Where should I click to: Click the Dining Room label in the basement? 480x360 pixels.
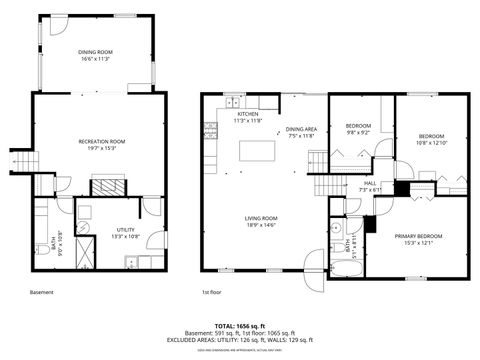point(96,51)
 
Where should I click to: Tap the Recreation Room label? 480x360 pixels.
point(102,142)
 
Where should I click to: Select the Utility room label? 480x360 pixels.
point(125,229)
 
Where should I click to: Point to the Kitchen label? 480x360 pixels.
point(248,114)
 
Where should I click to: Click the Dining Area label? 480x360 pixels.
point(301,129)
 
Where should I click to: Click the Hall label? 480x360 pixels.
point(370,184)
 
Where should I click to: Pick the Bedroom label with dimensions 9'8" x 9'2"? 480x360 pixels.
point(358,125)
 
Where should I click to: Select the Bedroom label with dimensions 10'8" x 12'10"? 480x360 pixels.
point(431,135)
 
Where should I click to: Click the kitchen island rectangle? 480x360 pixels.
point(257,151)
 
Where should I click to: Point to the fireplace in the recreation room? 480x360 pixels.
point(105,185)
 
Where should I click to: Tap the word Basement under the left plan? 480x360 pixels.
point(41,293)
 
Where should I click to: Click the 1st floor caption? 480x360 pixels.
point(211,293)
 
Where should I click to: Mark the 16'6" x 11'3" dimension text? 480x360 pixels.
point(96,59)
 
